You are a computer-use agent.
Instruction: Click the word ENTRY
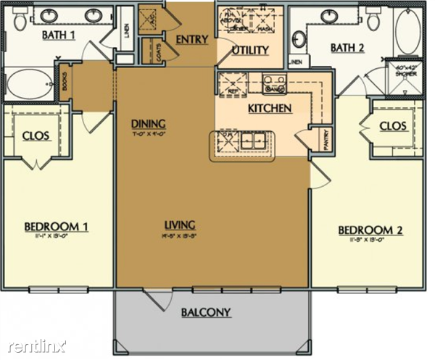point(191,39)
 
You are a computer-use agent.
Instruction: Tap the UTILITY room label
point(251,50)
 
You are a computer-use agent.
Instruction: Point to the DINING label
point(148,122)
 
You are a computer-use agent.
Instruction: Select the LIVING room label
point(179,225)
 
